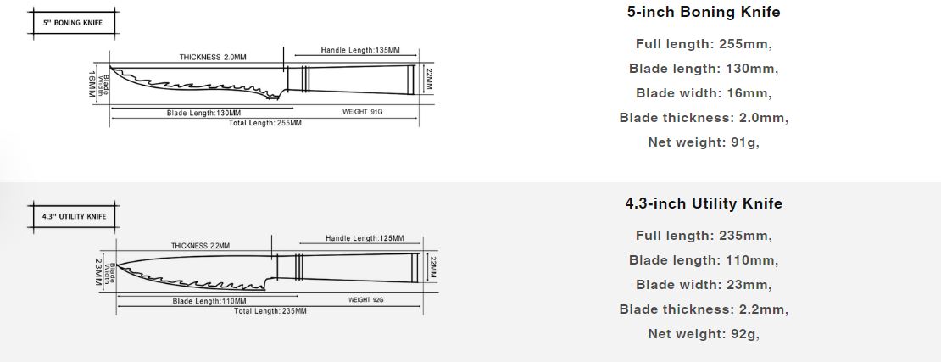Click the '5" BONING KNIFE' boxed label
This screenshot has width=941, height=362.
tap(73, 23)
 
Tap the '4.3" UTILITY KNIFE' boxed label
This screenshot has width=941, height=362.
tap(75, 216)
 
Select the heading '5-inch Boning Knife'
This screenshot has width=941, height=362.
tap(704, 12)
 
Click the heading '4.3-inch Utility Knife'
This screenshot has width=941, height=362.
tap(704, 203)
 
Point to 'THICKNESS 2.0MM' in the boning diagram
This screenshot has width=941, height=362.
tap(213, 58)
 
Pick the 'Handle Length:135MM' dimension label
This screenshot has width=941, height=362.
tap(360, 50)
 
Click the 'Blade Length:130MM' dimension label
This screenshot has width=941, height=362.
tap(203, 113)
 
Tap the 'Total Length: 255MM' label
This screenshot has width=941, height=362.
tap(265, 123)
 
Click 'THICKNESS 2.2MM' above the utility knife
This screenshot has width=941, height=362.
tap(200, 246)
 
